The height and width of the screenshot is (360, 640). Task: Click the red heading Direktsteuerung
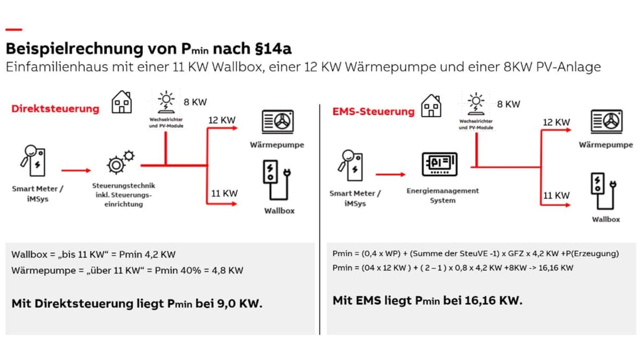pos(55,109)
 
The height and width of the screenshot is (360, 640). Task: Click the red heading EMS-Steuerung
pos(373,111)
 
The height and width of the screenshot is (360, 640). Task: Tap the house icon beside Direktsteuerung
pos(122,102)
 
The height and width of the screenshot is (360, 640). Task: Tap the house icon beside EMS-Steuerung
pos(431,106)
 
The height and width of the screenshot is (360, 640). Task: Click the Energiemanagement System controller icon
pos(439,164)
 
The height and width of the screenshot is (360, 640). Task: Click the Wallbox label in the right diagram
pos(606,219)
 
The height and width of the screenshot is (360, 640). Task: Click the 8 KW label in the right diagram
pos(508,105)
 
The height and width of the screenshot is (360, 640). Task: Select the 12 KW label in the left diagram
pos(221,121)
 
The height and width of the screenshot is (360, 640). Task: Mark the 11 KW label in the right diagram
pos(556,195)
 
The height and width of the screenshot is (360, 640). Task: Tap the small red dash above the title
pos(14,29)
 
